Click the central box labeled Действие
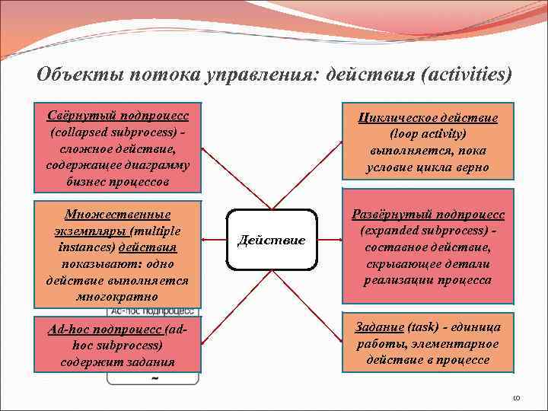pyautogui.click(x=272, y=241)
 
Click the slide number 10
pyautogui.click(x=515, y=397)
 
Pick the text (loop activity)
pyautogui.click(x=429, y=134)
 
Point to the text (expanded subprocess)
pyautogui.click(x=423, y=231)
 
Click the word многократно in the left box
pyautogui.click(x=118, y=297)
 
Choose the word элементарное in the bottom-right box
pyautogui.click(x=459, y=344)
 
